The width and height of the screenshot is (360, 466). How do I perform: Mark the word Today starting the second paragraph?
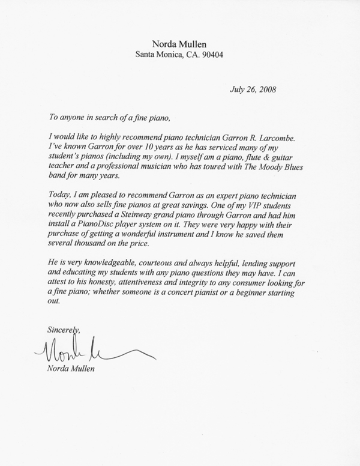[58, 190]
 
